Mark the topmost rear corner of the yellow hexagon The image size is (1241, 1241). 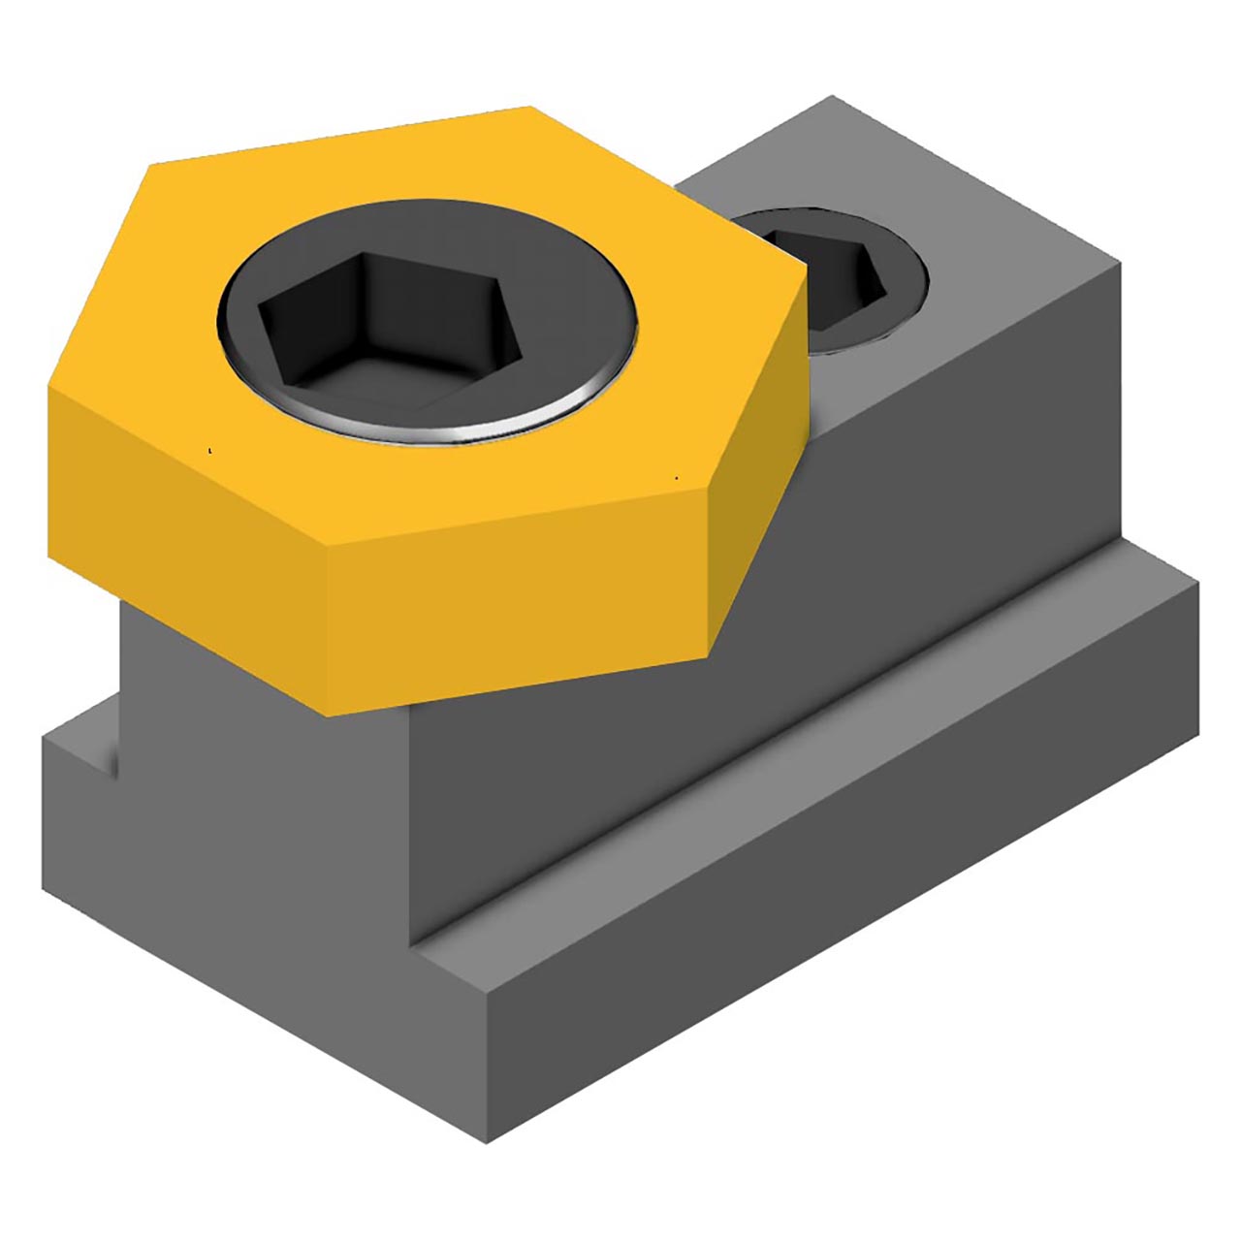(530, 107)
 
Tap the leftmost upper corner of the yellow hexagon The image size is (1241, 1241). (150, 165)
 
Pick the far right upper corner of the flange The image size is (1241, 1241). (1198, 582)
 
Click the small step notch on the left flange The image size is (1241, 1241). (107, 761)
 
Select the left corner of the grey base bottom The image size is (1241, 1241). (44, 887)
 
